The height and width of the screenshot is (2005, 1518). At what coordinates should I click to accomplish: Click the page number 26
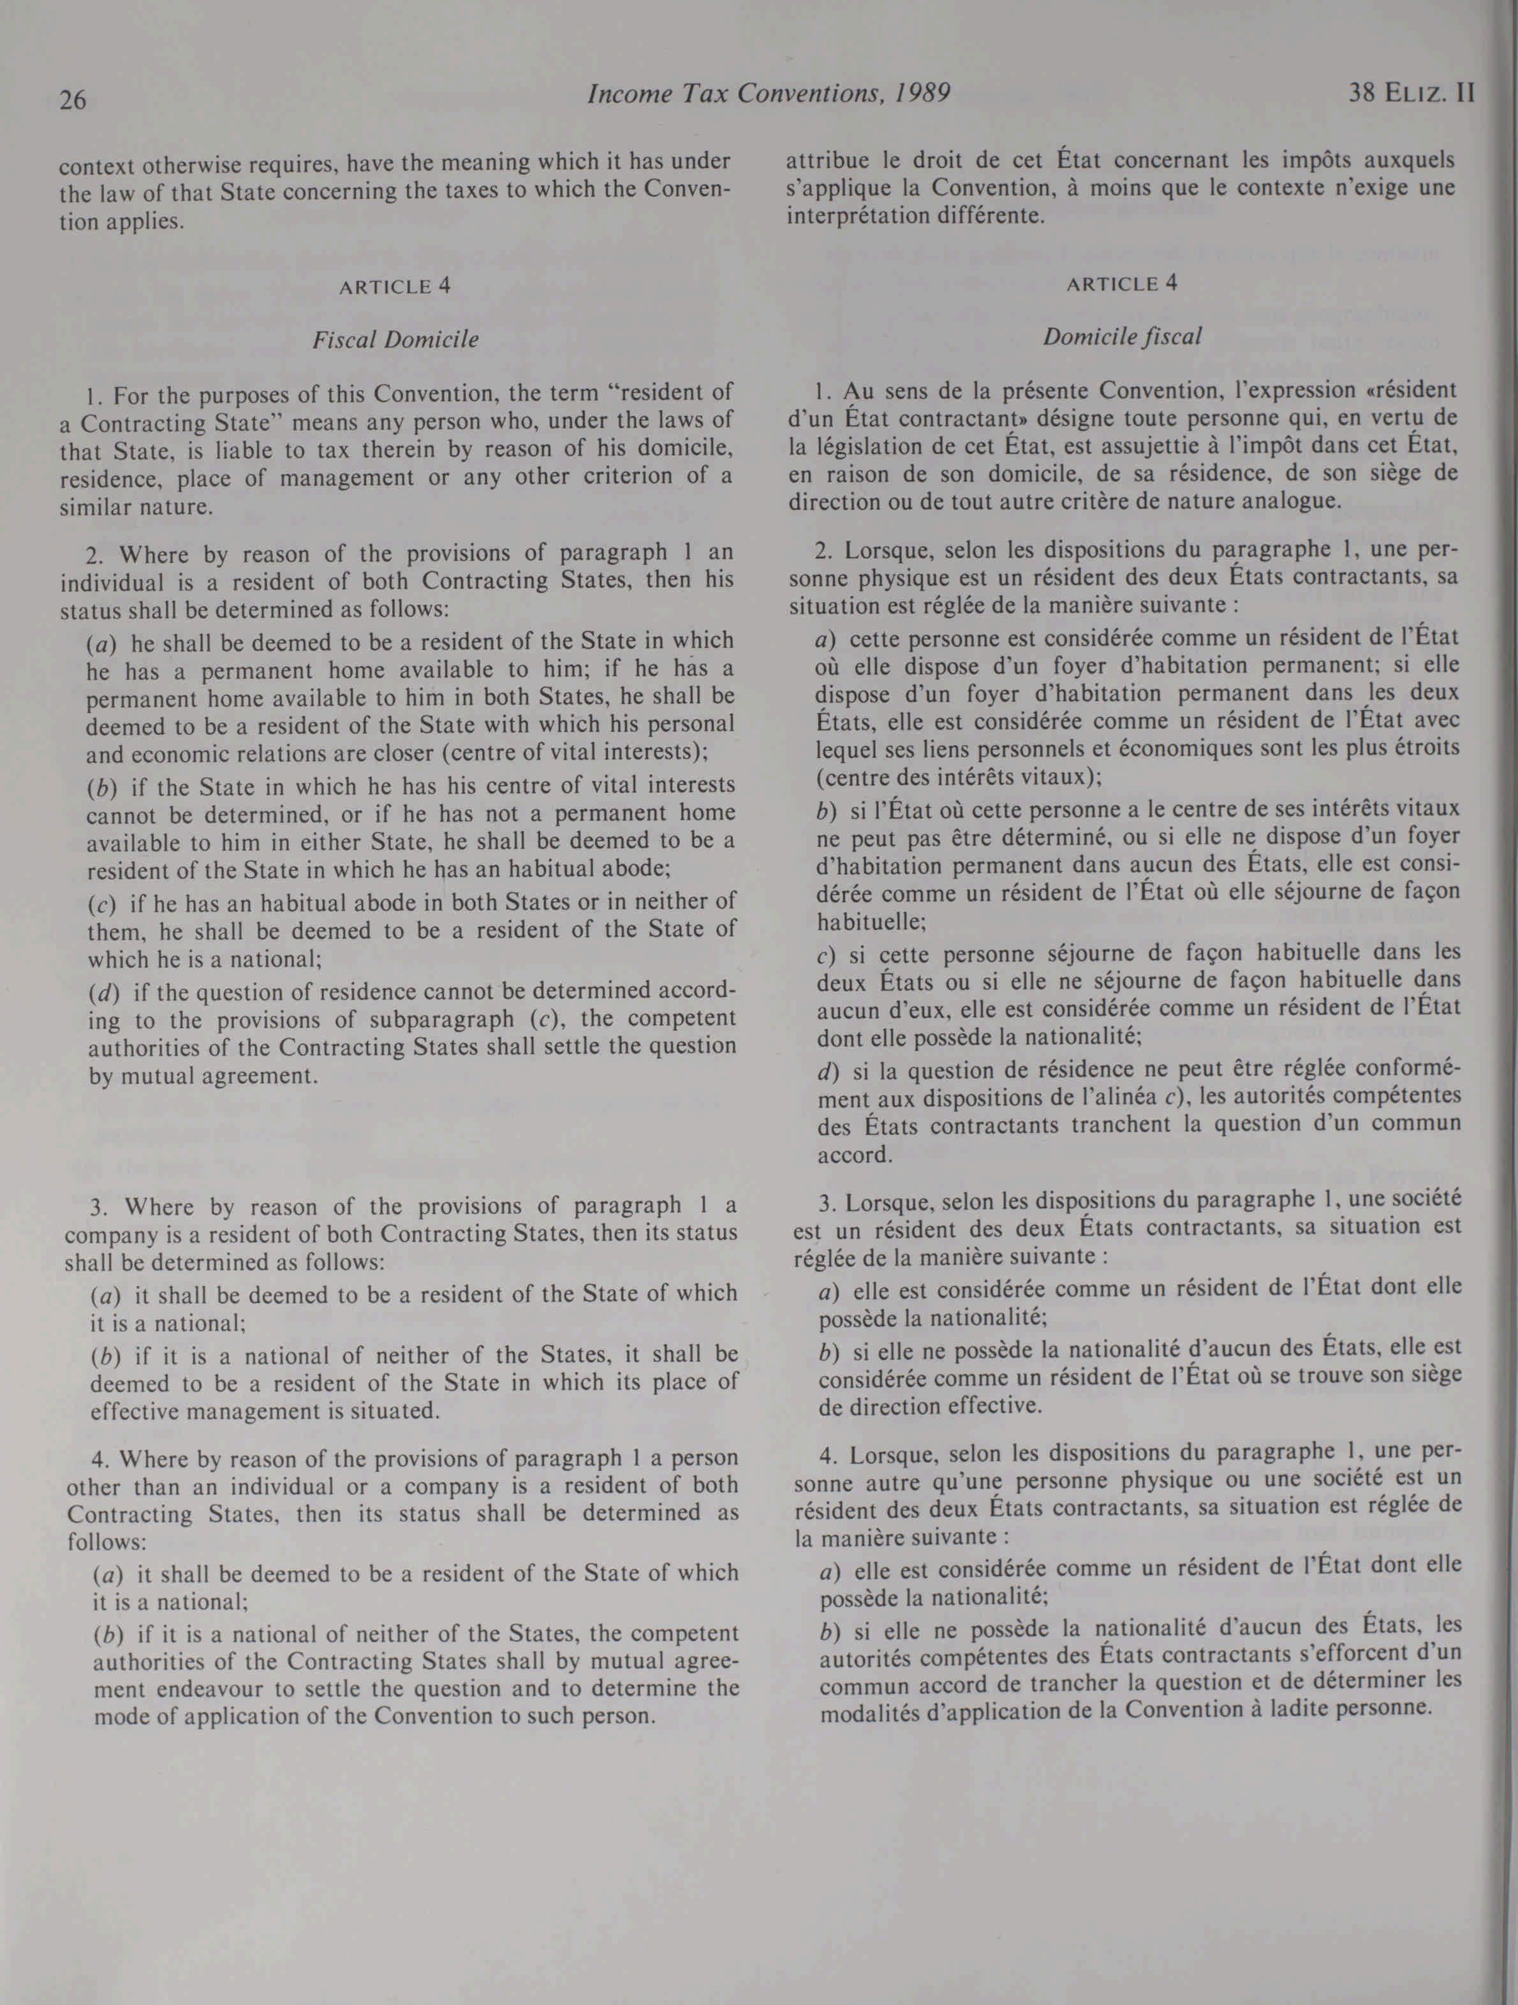point(73,98)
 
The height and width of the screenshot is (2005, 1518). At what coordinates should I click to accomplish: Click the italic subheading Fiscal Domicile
point(395,340)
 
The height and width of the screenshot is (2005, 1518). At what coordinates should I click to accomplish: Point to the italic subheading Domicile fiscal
point(1122,336)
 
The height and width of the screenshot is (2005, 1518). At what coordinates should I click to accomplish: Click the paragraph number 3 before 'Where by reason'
point(98,1208)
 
